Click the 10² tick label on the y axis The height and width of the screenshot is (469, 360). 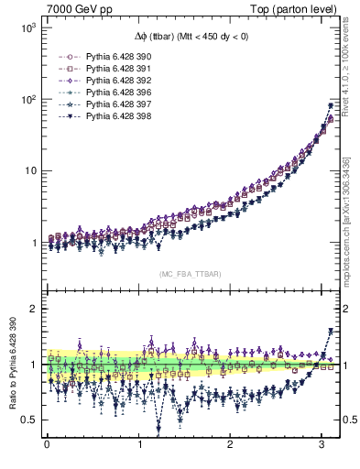coord(27,99)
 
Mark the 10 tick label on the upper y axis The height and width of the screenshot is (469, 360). coord(29,170)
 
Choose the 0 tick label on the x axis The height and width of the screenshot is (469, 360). coord(47,446)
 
